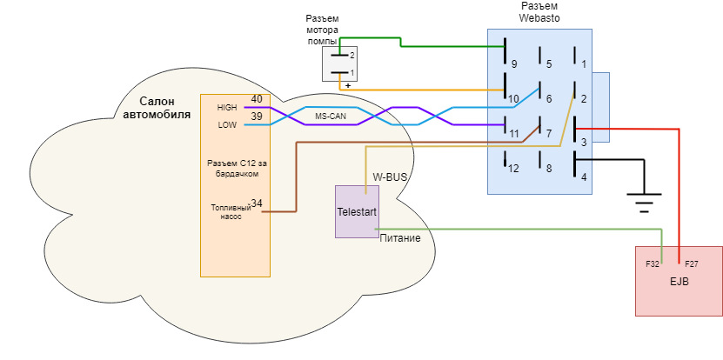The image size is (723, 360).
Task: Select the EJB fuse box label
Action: click(x=679, y=282)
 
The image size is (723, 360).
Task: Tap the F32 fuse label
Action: click(x=652, y=263)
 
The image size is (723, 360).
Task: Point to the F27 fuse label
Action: click(x=691, y=263)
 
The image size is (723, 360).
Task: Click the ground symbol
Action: click(x=643, y=203)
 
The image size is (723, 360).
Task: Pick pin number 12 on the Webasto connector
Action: click(x=513, y=169)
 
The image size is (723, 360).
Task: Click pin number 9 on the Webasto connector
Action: click(x=513, y=63)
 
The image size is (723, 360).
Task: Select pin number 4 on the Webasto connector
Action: click(x=584, y=177)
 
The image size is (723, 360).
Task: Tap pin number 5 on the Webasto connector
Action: click(x=548, y=63)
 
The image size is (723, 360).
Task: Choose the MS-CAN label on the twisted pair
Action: click(x=331, y=116)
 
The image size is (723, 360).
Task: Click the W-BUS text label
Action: click(x=390, y=177)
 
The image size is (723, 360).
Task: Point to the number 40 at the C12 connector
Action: click(x=256, y=99)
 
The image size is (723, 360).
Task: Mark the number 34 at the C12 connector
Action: click(x=257, y=203)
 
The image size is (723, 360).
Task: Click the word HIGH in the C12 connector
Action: click(x=227, y=108)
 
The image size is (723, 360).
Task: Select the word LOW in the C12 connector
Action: click(x=227, y=125)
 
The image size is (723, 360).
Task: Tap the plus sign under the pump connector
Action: click(x=347, y=85)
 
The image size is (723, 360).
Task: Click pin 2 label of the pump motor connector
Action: click(x=352, y=55)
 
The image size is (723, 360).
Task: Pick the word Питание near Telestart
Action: click(x=400, y=238)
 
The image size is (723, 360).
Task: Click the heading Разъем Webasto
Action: click(x=539, y=11)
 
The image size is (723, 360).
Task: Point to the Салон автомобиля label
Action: click(x=157, y=107)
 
